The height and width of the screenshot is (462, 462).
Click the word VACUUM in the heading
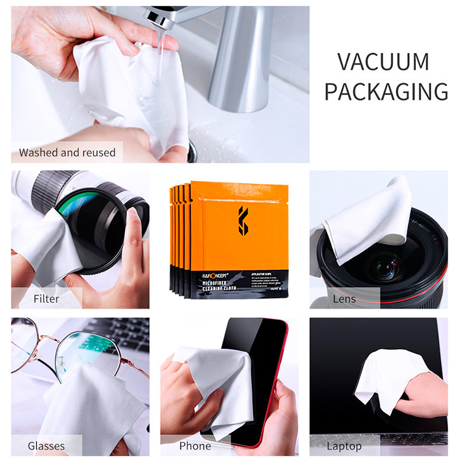[x=383, y=62]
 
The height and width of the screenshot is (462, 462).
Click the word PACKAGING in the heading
[x=386, y=92]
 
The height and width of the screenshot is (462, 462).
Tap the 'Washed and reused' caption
[x=67, y=152]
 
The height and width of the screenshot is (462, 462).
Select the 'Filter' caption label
[x=47, y=299]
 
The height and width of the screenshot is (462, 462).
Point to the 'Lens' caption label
[x=344, y=299]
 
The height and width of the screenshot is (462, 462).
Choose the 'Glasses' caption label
[x=46, y=445]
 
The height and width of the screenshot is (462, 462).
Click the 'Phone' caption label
[x=195, y=445]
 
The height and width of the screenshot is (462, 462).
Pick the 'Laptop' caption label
[x=344, y=445]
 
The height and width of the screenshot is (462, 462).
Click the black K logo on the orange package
[x=243, y=221]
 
